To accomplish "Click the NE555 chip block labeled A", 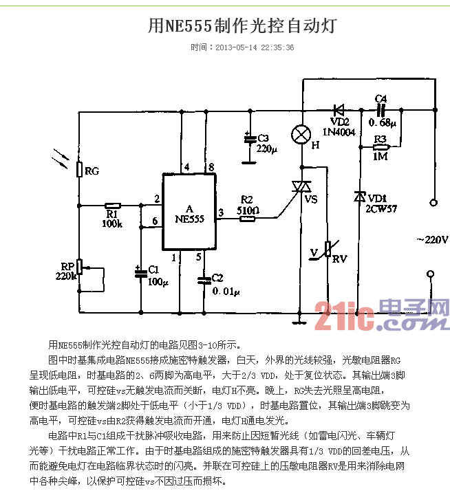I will pos(189,213).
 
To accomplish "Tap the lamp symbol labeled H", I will pos(301,134).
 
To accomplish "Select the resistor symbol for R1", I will pos(112,205).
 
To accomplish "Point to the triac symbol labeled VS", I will pos(301,188).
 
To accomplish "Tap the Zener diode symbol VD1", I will pos(358,197).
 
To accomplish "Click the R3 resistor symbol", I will pos(381,146).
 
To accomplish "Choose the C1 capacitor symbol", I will pos(141,272).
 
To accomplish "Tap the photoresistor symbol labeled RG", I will pos(79,170).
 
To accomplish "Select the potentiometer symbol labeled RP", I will pos(79,267).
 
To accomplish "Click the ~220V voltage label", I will pos(432,240).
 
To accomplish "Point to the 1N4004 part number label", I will pos(339,132).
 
